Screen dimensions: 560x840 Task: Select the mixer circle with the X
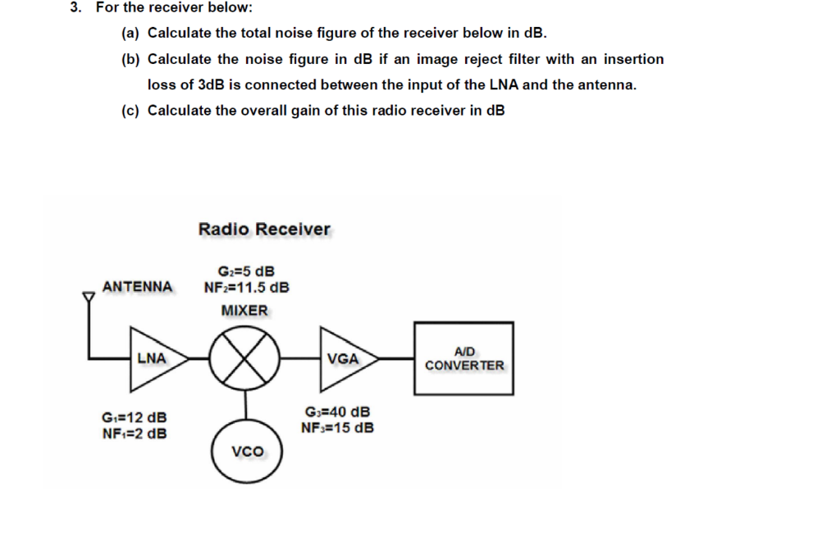[244, 358]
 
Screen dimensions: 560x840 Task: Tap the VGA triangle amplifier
[345, 358]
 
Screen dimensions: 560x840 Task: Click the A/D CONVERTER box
[464, 359]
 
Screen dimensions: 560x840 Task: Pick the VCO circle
[246, 452]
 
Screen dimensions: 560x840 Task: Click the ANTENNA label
[138, 286]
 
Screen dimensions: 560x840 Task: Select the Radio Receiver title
[264, 230]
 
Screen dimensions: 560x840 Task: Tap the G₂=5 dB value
[246, 271]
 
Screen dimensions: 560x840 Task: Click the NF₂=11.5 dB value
[246, 288]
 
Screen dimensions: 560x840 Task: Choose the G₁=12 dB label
[134, 418]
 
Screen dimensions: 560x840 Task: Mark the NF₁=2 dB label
[134, 434]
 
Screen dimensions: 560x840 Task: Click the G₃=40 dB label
[337, 412]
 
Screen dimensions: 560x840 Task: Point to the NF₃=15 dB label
[337, 427]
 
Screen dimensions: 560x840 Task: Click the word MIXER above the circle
[244, 311]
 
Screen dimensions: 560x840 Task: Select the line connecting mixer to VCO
[244, 406]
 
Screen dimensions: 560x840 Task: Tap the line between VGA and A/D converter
[397, 358]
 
